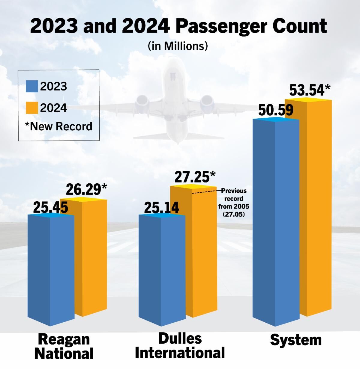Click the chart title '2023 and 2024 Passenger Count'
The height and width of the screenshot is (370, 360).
tap(178, 26)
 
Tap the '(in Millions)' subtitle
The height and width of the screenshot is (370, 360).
tap(178, 46)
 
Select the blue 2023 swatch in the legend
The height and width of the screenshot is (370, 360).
tap(32, 86)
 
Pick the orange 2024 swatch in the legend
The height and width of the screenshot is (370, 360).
tap(32, 108)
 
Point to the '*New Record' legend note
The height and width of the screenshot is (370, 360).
tap(58, 126)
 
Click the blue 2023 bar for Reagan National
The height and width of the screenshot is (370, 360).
tap(51, 270)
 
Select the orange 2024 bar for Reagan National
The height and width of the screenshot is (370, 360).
tap(90, 258)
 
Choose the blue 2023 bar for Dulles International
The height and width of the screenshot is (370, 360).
tap(162, 270)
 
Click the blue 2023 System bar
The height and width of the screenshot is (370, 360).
tap(276, 222)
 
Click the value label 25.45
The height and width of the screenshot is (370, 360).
tap(50, 208)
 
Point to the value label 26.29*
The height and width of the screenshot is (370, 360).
tap(86, 189)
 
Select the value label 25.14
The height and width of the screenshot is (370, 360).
tap(161, 208)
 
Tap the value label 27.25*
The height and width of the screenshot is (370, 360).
tap(195, 177)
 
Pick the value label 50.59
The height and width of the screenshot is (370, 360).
tap(276, 110)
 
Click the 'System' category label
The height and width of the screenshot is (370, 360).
tap(295, 340)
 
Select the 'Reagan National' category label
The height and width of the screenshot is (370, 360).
tap(64, 346)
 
